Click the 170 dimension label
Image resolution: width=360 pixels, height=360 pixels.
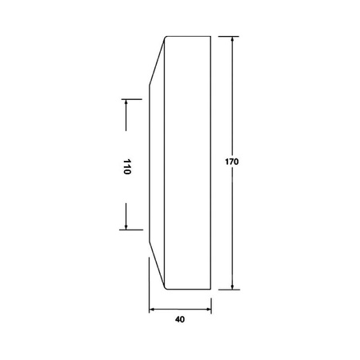click(x=232, y=162)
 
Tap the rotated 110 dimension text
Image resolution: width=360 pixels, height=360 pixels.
click(x=127, y=166)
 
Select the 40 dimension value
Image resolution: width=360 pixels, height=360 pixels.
click(x=180, y=319)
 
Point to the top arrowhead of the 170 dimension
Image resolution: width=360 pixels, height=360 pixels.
click(x=232, y=39)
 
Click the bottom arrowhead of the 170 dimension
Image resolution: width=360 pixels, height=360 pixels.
click(x=232, y=286)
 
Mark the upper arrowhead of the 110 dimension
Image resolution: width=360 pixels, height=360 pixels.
click(x=126, y=102)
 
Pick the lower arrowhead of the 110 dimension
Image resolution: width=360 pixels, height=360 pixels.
click(x=126, y=226)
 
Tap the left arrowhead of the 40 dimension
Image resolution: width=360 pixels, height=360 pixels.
click(x=152, y=310)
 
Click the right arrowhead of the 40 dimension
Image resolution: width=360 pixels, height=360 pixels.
click(x=208, y=310)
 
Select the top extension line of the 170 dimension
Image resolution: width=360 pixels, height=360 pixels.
click(x=229, y=36)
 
